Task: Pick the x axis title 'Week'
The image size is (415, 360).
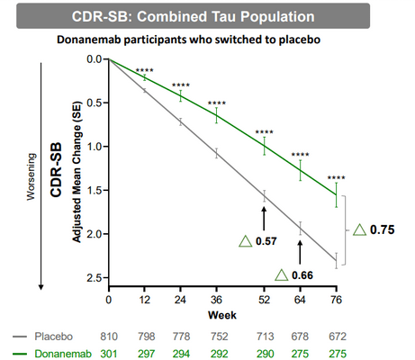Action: pos(222,314)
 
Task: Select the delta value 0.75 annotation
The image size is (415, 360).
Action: pos(381,229)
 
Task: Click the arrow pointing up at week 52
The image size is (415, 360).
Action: pos(264,217)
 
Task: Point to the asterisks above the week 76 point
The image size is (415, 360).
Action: pos(337,178)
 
